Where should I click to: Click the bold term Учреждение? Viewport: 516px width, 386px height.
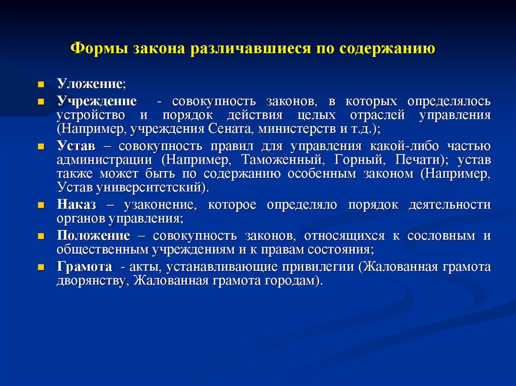pos(97,101)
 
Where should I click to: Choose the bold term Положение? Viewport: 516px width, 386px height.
pos(94,236)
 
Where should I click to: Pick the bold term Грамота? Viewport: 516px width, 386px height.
pos(84,267)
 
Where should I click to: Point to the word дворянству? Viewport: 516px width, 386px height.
pos(86,280)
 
